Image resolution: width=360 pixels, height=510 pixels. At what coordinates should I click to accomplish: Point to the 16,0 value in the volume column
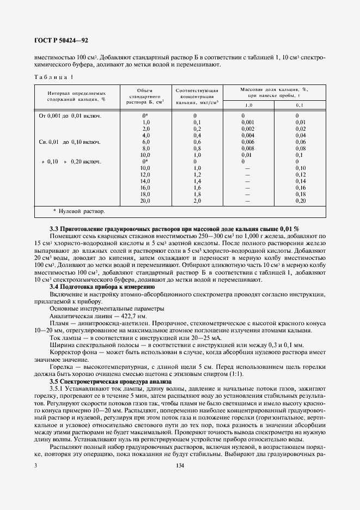pos(145,187)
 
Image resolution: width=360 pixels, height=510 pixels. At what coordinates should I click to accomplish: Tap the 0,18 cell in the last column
pos(300,193)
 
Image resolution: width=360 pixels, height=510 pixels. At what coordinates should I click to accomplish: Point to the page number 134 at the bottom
pos(180,495)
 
